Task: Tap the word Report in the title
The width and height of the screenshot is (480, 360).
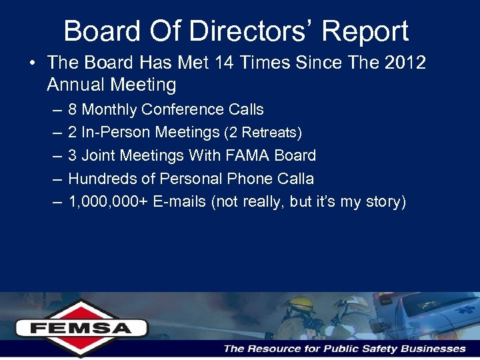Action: [370, 31]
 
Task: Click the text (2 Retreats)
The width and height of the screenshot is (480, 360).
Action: [263, 133]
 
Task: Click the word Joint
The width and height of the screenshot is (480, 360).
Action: [100, 155]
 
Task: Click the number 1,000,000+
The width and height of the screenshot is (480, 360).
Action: [109, 202]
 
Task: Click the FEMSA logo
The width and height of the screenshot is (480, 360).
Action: [81, 327]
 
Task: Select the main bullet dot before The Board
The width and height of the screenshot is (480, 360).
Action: [31, 63]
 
